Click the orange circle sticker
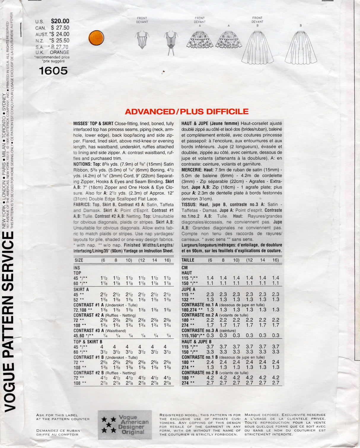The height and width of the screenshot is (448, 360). [x=96, y=38]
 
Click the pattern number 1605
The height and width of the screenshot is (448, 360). [x=53, y=71]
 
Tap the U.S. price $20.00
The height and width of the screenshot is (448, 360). [x=60, y=21]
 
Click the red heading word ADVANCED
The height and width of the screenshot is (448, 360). [x=150, y=112]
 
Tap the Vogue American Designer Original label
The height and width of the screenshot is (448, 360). [x=125, y=425]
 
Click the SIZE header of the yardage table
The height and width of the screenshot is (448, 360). [x=79, y=260]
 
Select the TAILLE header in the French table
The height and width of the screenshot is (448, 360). [x=188, y=260]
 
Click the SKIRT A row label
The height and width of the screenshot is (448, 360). [x=81, y=289]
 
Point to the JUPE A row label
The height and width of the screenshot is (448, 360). [x=189, y=289]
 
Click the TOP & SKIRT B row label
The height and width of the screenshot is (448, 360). [x=88, y=342]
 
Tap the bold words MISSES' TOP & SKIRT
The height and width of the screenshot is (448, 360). [x=93, y=124]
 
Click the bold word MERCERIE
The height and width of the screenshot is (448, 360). [x=192, y=170]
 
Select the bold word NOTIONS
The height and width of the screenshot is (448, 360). [x=82, y=164]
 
